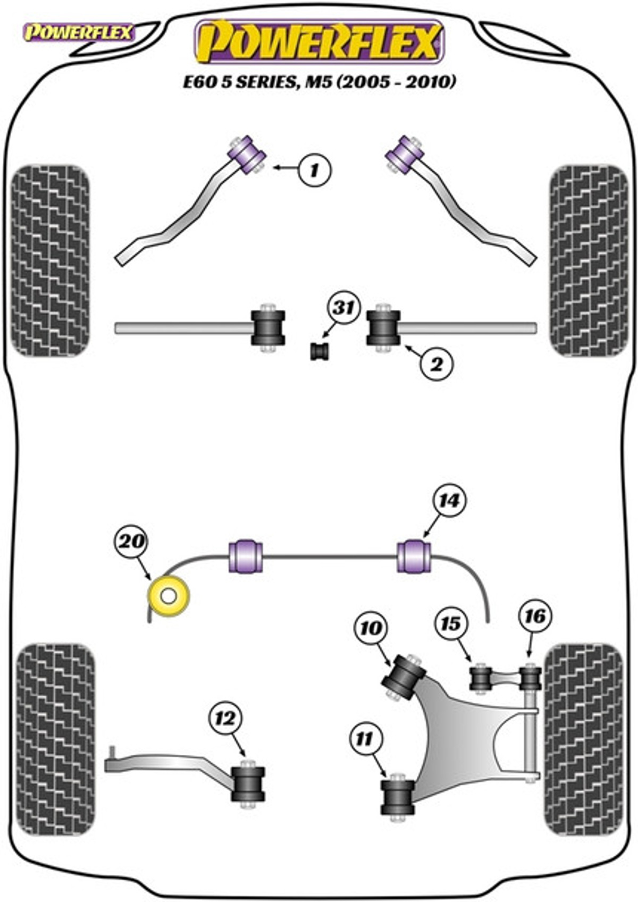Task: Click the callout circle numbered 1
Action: click(x=315, y=170)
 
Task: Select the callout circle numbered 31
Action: click(x=343, y=308)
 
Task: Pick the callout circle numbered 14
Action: click(x=449, y=501)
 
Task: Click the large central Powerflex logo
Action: click(x=320, y=42)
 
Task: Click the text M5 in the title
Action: click(x=316, y=82)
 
